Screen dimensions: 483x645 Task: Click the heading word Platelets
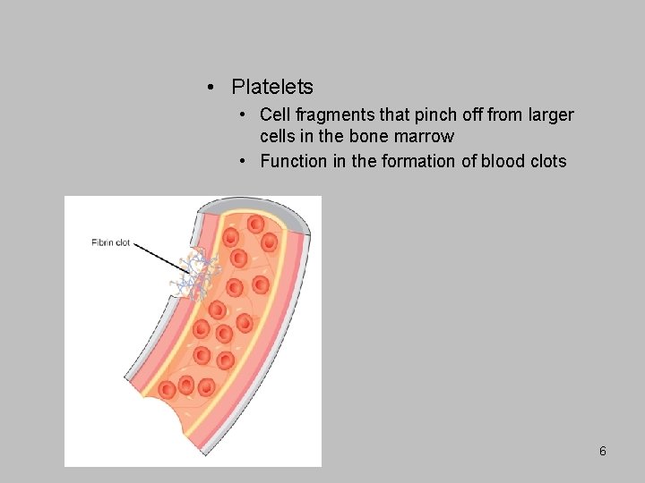(x=272, y=87)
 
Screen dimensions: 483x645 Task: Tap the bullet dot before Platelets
(x=208, y=87)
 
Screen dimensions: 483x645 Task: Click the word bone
(x=372, y=137)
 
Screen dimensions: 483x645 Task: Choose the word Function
(x=292, y=162)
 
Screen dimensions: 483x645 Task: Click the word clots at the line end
(x=547, y=162)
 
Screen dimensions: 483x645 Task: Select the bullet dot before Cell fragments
(x=244, y=115)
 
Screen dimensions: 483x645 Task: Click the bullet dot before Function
(x=244, y=162)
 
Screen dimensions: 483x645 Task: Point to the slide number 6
(x=603, y=452)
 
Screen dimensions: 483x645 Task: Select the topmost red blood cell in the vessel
(x=255, y=224)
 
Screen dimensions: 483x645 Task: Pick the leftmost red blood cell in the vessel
(x=168, y=389)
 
